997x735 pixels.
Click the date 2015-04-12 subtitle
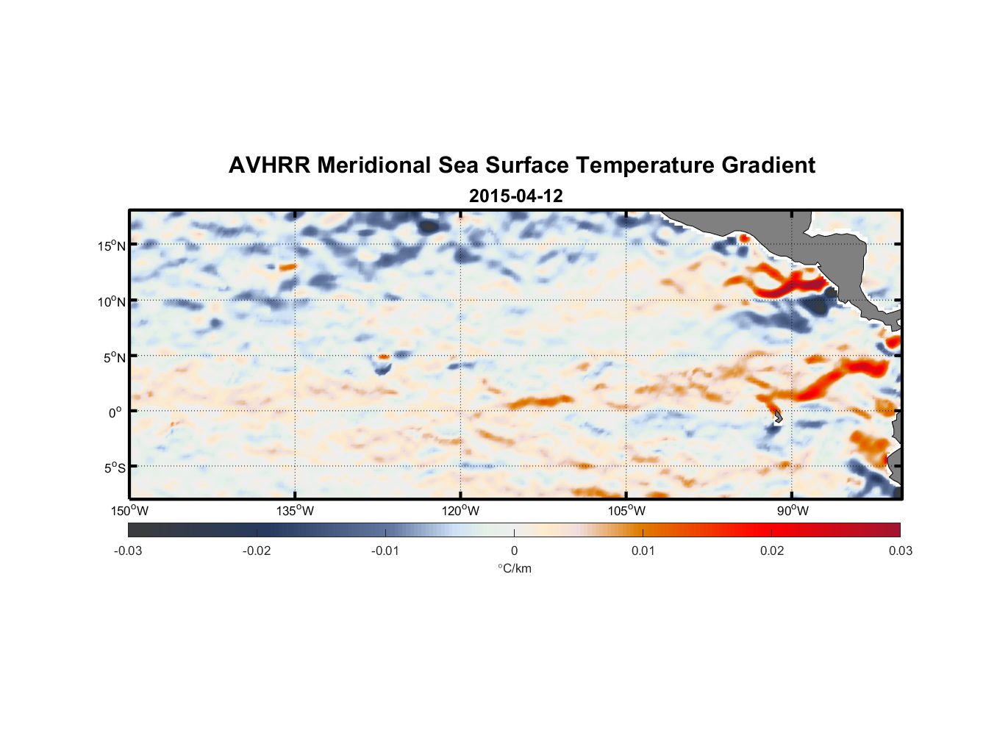pos(515,196)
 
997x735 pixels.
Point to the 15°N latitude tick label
pos(112,245)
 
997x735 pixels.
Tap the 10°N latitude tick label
pos(112,301)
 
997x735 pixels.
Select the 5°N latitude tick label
pos(114,357)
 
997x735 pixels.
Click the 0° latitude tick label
pos(115,413)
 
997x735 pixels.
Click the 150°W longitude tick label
pos(130,511)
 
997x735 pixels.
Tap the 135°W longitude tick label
pos(296,511)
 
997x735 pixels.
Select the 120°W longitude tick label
pos(461,511)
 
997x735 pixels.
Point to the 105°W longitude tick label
pos(626,511)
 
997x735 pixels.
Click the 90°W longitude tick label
pos(792,511)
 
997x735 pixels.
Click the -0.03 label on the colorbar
pos(128,551)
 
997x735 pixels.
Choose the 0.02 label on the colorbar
pos(772,551)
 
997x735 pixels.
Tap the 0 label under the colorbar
pos(514,551)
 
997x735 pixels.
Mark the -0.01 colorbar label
pos(385,551)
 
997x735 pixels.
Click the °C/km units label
pos(514,568)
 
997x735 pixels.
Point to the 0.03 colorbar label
pos(900,551)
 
